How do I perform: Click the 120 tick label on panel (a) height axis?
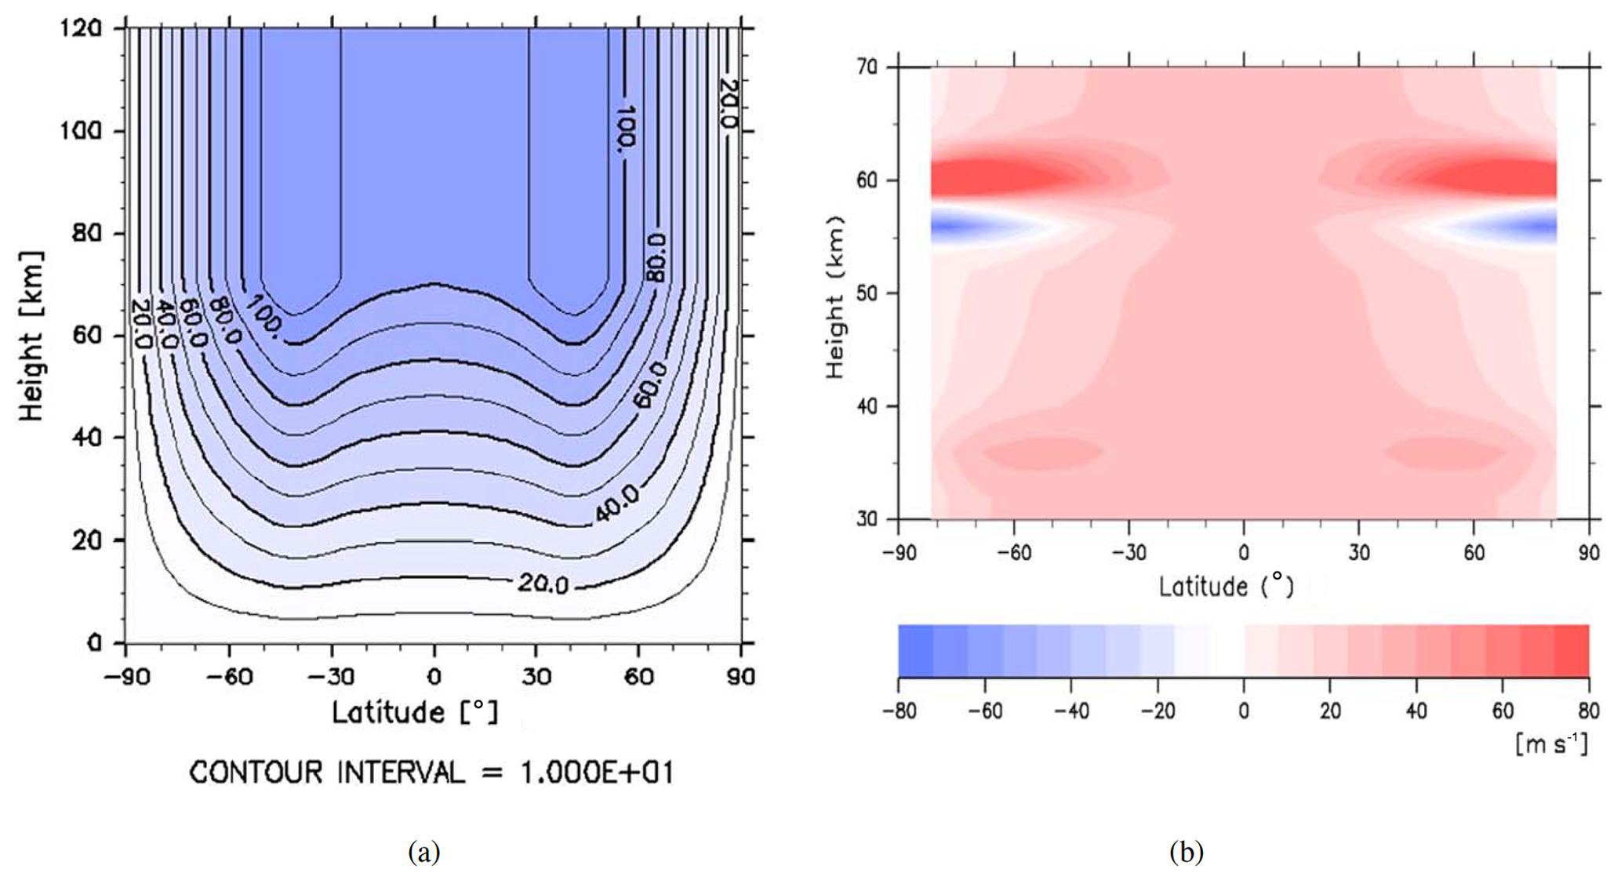[81, 28]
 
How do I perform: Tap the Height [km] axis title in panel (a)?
[31, 336]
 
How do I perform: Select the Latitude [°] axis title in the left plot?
[415, 712]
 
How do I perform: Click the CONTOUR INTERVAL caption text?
[431, 773]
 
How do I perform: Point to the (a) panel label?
[424, 851]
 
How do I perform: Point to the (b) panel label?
[1186, 851]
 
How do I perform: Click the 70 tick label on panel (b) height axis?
[867, 67]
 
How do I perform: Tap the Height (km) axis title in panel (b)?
[836, 296]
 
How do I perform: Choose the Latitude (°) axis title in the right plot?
[1226, 586]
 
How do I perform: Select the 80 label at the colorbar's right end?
[1588, 711]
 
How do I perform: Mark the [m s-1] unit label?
[1551, 743]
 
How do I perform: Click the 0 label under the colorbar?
[1244, 711]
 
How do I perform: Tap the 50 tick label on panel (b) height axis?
[867, 293]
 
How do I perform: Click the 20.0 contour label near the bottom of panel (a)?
[543, 584]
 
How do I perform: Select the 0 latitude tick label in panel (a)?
[434, 675]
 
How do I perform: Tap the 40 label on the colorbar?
[1416, 711]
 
